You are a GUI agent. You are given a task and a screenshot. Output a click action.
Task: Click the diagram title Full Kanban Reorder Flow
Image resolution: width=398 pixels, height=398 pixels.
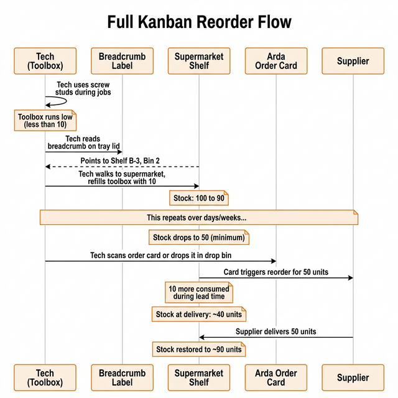[199, 22]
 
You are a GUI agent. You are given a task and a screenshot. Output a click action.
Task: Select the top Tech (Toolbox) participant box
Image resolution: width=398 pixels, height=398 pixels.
[45, 61]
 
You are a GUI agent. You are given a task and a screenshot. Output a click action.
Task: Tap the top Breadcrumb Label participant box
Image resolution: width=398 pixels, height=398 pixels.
[122, 61]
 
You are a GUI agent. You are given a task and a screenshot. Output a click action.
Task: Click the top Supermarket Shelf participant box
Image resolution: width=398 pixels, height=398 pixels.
[199, 61]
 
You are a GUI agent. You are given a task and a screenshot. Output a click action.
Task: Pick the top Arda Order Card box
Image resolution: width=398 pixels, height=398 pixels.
[276, 61]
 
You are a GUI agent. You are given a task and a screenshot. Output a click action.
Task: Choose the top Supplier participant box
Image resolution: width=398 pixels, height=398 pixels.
[353, 61]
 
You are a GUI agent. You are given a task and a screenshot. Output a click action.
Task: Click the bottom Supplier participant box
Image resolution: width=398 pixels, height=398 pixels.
[353, 377]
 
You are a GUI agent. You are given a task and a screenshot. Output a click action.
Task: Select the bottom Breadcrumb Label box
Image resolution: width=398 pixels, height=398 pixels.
[122, 377]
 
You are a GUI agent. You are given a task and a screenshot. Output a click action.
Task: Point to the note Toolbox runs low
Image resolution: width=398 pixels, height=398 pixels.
[45, 121]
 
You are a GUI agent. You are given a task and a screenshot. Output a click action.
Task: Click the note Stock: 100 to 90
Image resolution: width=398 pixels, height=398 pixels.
[199, 198]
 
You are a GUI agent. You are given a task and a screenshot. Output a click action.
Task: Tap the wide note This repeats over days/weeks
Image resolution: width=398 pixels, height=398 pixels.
[199, 218]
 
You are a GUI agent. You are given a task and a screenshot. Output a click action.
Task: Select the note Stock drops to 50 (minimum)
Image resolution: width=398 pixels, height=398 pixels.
[199, 238]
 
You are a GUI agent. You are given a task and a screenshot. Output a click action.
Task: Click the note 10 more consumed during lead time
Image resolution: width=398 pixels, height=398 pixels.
[199, 292]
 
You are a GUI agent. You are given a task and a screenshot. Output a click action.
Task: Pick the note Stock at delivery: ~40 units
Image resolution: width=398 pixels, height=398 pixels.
[199, 315]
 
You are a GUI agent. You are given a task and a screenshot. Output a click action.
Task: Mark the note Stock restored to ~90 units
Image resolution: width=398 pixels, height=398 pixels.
[199, 349]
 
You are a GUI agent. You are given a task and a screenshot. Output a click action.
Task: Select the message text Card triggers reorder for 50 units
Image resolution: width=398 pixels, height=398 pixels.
[276, 272]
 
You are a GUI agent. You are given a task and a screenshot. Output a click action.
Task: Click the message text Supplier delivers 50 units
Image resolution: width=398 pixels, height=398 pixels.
[276, 331]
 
